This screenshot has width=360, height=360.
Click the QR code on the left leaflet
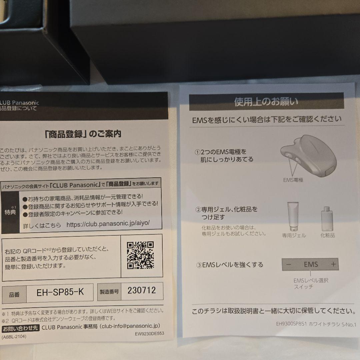pyautogui.click(x=140, y=255)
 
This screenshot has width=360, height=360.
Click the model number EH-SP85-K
pyautogui.click(x=60, y=292)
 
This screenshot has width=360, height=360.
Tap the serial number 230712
pyautogui.click(x=142, y=290)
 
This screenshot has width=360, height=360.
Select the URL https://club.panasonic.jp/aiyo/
pyautogui.click(x=108, y=224)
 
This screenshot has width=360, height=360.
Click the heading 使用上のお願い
pyautogui.click(x=266, y=102)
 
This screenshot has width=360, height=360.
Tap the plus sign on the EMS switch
pyautogui.click(x=333, y=265)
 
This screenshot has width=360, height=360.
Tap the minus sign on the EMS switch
pyautogui.click(x=289, y=265)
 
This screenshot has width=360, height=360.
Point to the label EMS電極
pyautogui.click(x=293, y=180)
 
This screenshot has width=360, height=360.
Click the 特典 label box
pyautogui.click(x=10, y=212)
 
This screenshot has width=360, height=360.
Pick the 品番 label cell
pyautogui.click(x=14, y=295)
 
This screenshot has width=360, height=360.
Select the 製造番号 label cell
pyautogui.click(x=109, y=292)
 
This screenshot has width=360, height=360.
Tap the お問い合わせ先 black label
pyautogui.click(x=21, y=328)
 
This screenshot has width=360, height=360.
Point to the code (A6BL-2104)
pyautogui.click(x=14, y=336)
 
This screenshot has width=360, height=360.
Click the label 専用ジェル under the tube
pyautogui.click(x=294, y=235)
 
